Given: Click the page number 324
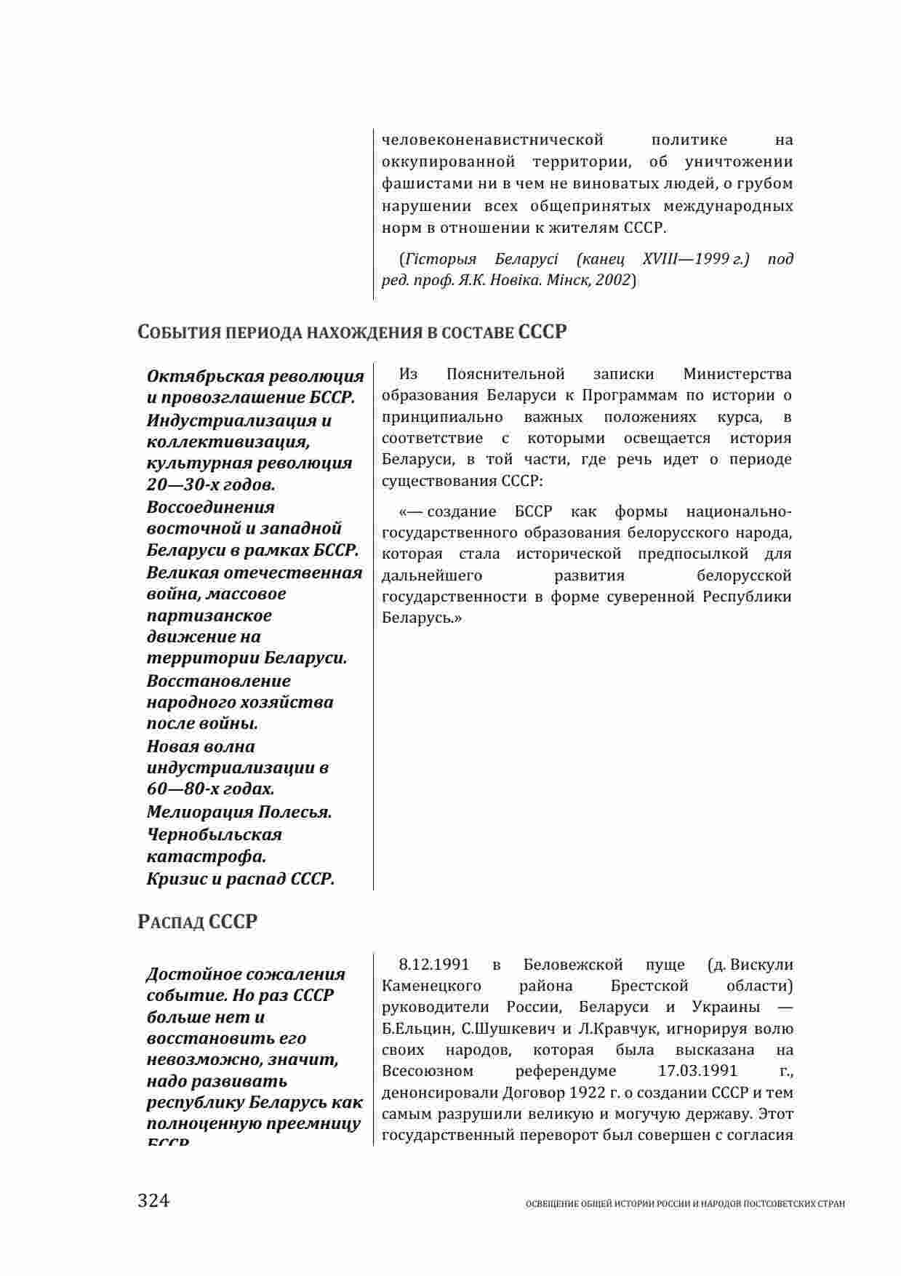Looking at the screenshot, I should coord(153,1200).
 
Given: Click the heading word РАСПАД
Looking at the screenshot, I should coord(171,922).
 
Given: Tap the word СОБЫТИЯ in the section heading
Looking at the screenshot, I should coord(179,332).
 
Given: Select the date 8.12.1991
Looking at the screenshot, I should coord(434,965).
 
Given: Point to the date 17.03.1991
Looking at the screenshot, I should coord(697,1071).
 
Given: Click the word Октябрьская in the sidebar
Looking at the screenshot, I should coord(206,376).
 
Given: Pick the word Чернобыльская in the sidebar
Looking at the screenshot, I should coord(215,834).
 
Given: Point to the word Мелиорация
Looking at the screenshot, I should coord(199,812).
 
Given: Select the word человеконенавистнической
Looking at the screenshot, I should coord(493,139).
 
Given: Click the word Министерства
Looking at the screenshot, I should coord(737,374).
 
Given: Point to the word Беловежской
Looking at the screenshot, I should coord(572,965).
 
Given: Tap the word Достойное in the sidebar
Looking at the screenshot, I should coord(193,974).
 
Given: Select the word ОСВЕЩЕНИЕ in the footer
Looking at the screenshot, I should coord(549,1205).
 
